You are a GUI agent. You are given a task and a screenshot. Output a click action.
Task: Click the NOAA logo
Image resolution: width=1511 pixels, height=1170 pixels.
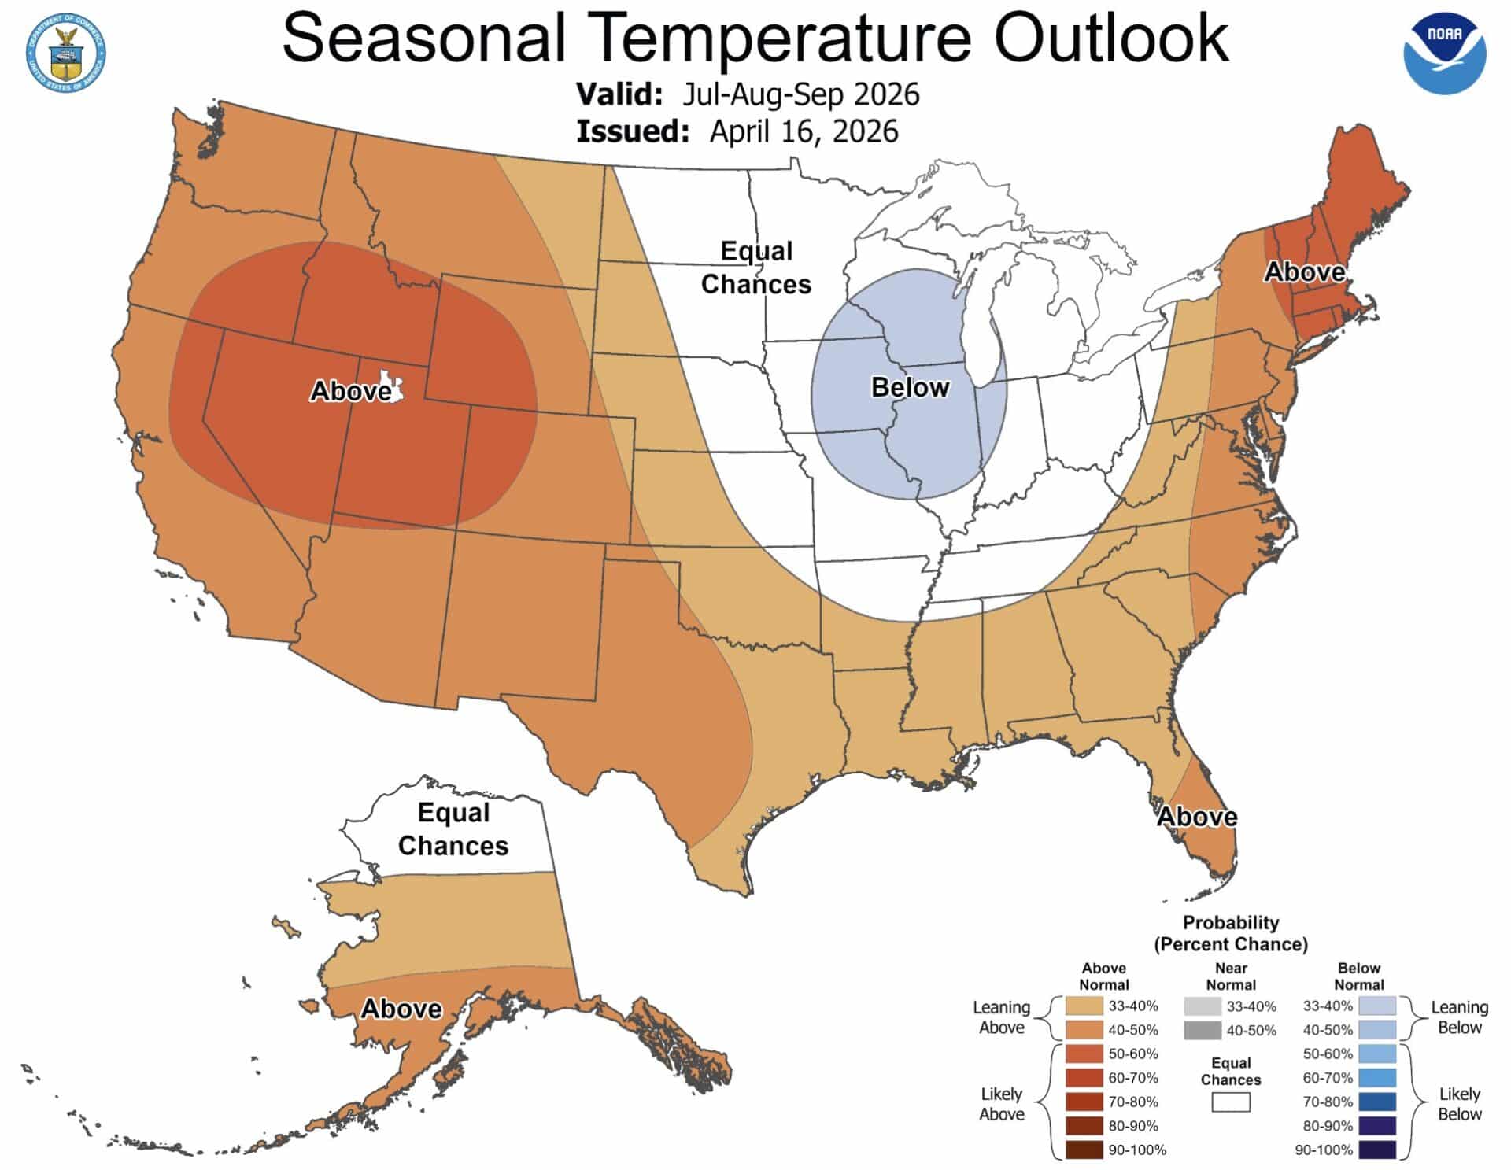[x=1444, y=54]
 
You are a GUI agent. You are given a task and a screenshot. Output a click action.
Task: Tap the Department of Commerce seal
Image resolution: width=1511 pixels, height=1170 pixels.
[x=66, y=53]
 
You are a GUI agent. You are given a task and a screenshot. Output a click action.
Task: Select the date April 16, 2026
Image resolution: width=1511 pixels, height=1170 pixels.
[x=804, y=131]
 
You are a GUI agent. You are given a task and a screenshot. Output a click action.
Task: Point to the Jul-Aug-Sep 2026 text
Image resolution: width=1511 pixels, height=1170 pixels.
[x=800, y=94]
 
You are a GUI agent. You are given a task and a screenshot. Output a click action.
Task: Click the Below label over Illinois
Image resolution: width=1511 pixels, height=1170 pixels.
[x=910, y=387]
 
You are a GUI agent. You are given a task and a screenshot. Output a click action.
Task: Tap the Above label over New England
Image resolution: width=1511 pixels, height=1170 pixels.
[x=1304, y=272]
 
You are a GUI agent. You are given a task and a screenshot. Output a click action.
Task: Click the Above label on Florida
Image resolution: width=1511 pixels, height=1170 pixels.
[x=1196, y=817]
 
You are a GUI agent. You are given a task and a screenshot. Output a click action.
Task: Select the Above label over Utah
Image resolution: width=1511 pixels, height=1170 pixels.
[x=349, y=390]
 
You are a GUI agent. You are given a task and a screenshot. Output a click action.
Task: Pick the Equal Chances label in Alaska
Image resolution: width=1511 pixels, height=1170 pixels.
[x=453, y=829]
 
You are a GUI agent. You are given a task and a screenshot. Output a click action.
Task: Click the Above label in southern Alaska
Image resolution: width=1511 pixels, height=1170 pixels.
[x=401, y=1009]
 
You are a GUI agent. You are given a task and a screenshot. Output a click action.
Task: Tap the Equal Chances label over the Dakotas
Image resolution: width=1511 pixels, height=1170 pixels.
[x=755, y=268]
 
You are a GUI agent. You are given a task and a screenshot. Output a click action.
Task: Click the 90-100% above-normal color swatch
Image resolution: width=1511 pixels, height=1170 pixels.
[x=1084, y=1150]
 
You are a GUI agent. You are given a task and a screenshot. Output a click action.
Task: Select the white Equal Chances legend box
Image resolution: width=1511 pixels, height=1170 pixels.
[x=1230, y=1102]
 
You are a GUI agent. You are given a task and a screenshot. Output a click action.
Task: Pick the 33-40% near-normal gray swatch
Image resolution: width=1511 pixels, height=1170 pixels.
[x=1202, y=1006]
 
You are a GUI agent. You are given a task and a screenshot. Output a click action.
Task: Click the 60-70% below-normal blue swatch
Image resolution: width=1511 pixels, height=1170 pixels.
[x=1376, y=1078]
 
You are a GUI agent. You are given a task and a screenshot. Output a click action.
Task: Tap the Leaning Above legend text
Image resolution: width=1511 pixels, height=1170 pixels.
[x=1001, y=1017]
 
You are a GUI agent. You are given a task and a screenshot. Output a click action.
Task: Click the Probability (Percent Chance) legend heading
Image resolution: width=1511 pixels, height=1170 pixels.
[x=1230, y=933]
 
